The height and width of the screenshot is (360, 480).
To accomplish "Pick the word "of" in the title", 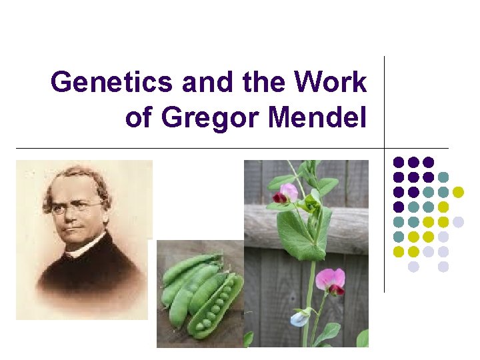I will click(139, 117).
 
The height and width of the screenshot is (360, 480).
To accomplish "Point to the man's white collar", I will click(87, 245).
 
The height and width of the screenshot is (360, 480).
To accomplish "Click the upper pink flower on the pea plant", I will click(287, 193).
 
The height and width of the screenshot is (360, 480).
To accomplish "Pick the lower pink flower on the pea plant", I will click(331, 280).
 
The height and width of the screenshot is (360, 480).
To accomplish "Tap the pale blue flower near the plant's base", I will click(300, 318).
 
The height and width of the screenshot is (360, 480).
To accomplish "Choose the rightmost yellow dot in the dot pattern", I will click(458, 192).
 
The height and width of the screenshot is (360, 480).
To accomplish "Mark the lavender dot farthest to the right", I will click(458, 222).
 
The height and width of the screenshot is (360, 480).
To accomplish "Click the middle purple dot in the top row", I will click(413, 162).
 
